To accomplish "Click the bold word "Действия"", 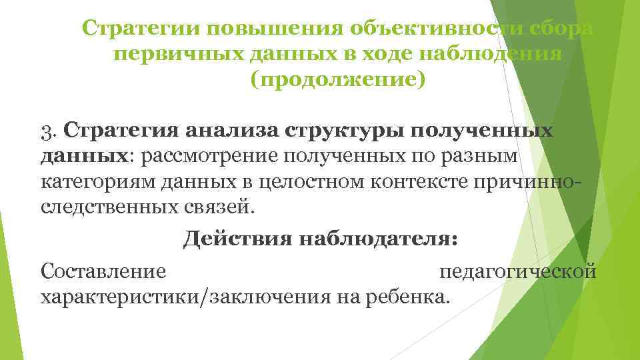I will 233,239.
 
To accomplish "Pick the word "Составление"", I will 103,272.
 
